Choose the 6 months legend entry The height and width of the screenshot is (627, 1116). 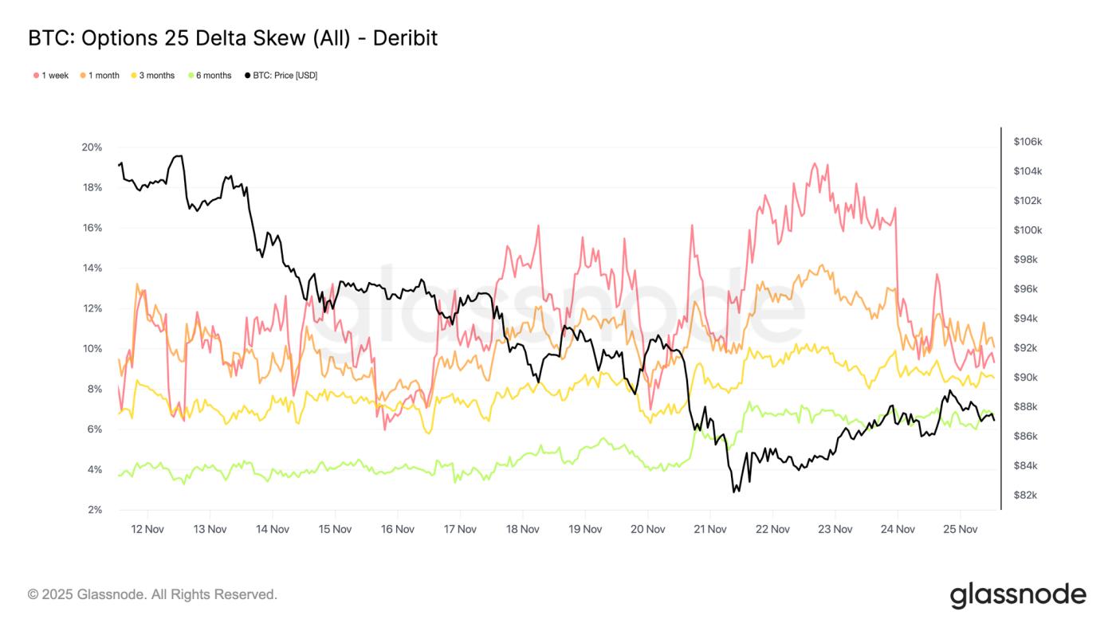tap(213, 76)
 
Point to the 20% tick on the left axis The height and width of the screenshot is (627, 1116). tap(92, 147)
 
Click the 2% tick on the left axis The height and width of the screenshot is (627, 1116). tap(94, 510)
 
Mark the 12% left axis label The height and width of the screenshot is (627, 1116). tap(92, 308)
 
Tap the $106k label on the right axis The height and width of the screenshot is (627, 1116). tap(1028, 142)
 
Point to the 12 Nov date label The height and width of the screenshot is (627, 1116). tap(147, 529)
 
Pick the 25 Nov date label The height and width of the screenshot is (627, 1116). tap(960, 529)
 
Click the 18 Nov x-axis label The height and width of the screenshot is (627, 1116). tap(522, 529)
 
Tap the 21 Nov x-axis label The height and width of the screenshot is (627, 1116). tap(709, 529)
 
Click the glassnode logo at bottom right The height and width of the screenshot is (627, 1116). tap(1017, 595)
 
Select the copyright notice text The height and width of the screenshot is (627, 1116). tap(152, 594)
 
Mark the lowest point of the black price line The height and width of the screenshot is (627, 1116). tap(734, 492)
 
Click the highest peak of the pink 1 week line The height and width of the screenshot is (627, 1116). tap(814, 164)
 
